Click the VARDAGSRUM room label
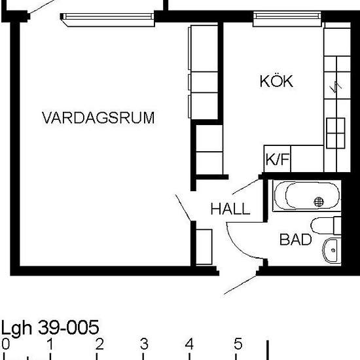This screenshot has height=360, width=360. click(98, 118)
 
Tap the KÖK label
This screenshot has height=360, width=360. click(276, 81)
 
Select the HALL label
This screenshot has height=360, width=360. click(230, 208)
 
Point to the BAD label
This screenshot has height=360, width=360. click(296, 240)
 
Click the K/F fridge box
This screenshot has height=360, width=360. click(278, 158)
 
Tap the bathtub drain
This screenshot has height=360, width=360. click(319, 202)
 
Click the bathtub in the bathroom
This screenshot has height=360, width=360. click(307, 196)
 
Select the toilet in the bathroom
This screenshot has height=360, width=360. click(326, 225)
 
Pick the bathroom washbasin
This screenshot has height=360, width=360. click(332, 251)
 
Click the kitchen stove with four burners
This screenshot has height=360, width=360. click(336, 133)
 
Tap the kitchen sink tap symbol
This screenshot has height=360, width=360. click(336, 87)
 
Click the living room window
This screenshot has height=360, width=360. click(107, 19)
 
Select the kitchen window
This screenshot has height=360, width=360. click(287, 18)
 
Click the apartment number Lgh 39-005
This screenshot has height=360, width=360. click(50, 327)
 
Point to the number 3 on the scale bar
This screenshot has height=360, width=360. click(144, 344)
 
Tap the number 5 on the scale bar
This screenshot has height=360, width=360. click(238, 344)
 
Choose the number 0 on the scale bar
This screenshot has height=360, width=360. click(5, 344)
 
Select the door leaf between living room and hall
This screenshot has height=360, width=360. click(183, 207)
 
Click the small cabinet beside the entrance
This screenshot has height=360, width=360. click(204, 247)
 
